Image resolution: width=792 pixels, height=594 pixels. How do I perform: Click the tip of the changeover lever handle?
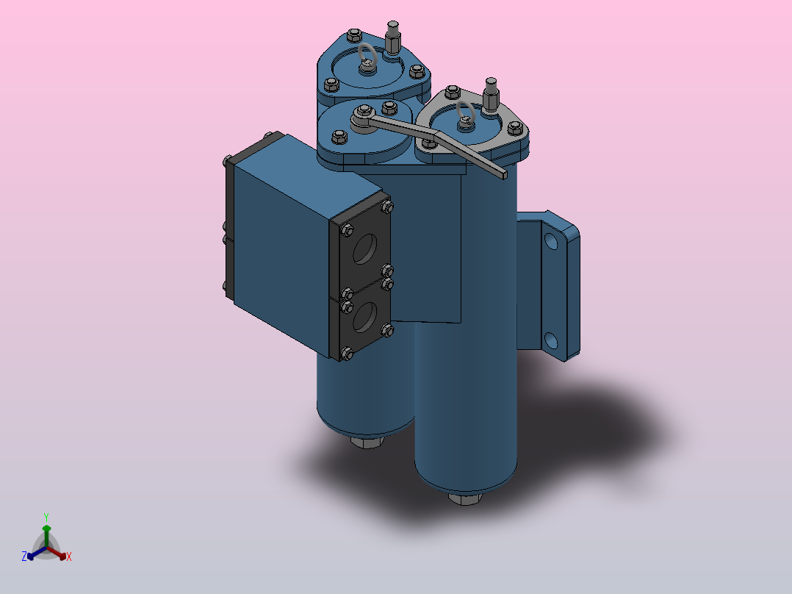click(x=502, y=174)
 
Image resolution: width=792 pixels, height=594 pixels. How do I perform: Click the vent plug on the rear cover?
click(x=393, y=37)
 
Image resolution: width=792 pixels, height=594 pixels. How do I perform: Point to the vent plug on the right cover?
click(x=491, y=91)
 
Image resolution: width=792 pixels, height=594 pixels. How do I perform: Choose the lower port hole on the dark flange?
click(x=364, y=317)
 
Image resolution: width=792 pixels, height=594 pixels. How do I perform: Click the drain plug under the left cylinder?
click(x=367, y=442)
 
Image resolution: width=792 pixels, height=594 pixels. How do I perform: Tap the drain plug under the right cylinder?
click(x=464, y=499)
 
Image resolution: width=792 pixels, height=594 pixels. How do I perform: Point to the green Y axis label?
click(x=46, y=517)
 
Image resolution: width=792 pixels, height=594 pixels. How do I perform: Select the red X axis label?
click(x=69, y=557)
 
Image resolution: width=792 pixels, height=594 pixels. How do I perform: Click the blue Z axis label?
click(x=24, y=557)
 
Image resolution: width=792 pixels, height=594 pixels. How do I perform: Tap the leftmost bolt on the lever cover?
click(x=339, y=136)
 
